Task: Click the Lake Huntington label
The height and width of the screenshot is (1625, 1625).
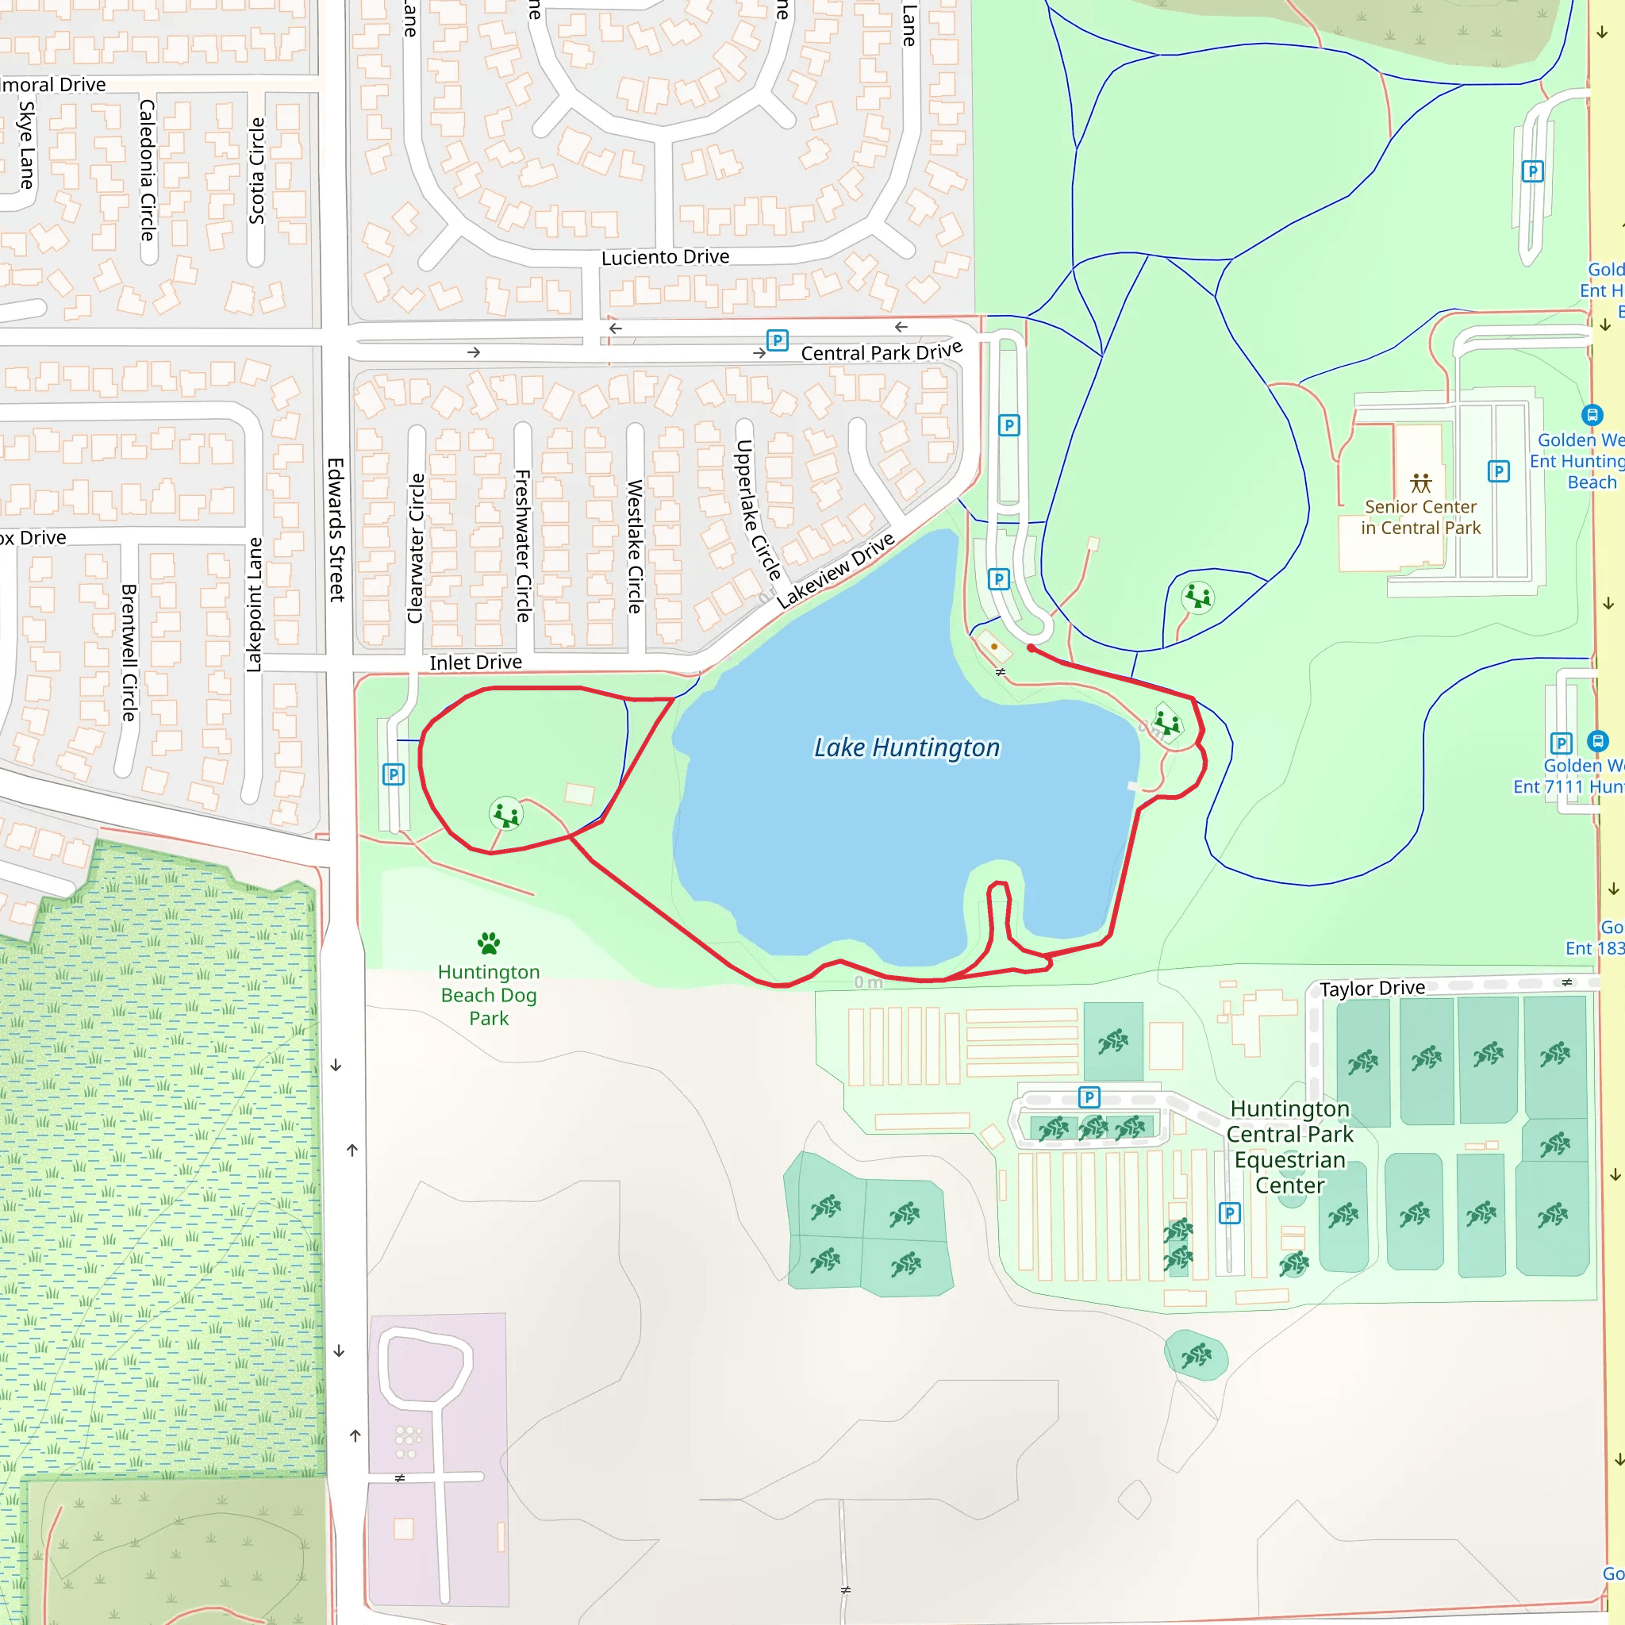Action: [907, 747]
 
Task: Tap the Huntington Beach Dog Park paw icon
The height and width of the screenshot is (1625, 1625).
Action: [489, 943]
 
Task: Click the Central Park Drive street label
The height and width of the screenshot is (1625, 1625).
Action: [881, 352]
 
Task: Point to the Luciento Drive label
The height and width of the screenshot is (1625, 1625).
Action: [664, 256]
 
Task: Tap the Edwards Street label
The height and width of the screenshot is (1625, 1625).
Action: [336, 529]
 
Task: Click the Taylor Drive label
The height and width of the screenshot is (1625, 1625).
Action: [1372, 989]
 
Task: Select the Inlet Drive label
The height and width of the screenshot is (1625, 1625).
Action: [475, 663]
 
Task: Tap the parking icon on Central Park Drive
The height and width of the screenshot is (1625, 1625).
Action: [777, 340]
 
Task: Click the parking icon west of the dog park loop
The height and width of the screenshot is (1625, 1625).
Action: [393, 774]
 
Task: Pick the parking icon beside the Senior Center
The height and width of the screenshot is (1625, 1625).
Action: [1498, 471]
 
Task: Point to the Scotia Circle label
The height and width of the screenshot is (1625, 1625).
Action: [256, 171]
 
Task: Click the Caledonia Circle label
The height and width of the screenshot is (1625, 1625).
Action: [148, 170]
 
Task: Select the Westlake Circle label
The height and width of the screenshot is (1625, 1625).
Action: [635, 546]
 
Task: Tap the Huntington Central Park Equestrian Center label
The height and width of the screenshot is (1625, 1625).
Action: [1289, 1147]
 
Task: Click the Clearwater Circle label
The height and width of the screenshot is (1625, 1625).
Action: [416, 548]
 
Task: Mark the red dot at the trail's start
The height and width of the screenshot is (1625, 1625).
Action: [1031, 647]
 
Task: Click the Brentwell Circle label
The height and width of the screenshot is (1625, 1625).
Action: [129, 653]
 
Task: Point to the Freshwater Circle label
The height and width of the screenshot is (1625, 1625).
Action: [522, 546]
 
